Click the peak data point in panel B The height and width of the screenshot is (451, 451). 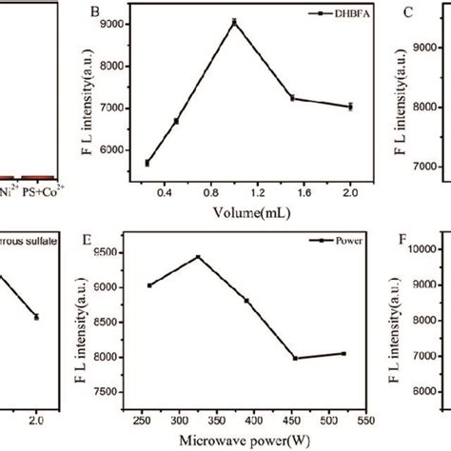coord(234,22)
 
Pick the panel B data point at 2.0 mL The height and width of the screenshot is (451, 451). coord(350,107)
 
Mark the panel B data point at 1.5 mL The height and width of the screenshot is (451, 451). coord(292,98)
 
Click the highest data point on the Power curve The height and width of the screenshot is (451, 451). coord(198,257)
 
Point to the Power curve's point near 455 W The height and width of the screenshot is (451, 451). coord(295,358)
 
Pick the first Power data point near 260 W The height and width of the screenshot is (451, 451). coord(149,285)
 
